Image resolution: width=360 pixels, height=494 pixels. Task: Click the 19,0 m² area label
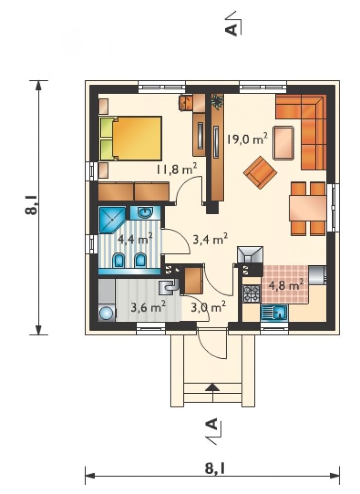248,138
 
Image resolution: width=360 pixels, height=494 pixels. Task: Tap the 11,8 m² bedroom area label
177,169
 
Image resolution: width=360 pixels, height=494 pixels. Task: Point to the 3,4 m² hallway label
210,240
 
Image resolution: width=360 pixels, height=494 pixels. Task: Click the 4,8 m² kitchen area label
286,285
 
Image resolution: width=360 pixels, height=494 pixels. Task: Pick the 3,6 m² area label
148,307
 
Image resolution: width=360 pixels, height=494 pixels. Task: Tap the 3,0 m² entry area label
208,307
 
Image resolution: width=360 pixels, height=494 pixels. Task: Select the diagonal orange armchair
260,172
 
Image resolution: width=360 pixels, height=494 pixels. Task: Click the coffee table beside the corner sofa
284,143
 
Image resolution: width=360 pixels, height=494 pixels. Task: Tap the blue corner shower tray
112,220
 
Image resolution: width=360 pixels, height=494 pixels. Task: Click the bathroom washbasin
145,213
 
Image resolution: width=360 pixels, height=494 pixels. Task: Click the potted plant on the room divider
217,101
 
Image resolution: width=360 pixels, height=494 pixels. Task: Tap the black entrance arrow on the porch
213,387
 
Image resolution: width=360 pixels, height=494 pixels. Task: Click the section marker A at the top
232,30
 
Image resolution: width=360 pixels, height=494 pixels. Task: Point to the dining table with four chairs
308,208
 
